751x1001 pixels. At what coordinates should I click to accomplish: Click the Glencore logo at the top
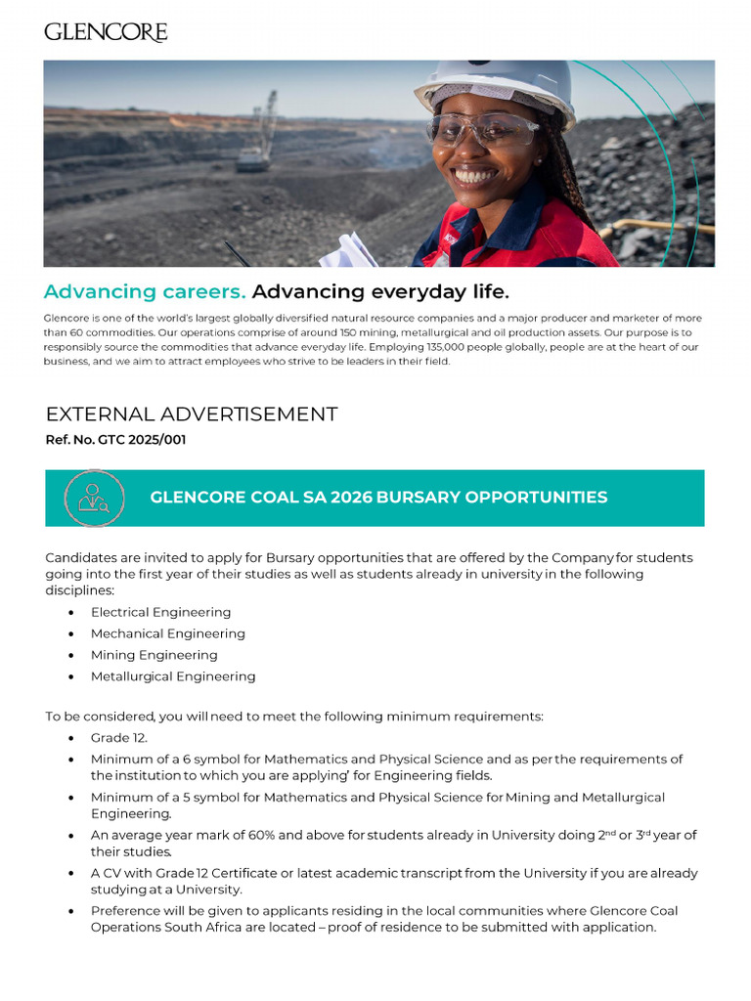coord(106,32)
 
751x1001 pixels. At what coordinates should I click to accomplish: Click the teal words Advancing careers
coord(145,291)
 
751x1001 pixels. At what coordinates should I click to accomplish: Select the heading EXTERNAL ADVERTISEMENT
coord(192,413)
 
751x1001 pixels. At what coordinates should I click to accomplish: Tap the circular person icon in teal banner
coord(94,498)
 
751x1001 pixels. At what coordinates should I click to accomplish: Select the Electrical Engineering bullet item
coord(160,612)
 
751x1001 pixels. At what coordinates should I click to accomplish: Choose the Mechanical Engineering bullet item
coord(167,633)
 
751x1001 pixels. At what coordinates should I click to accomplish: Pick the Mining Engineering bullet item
coord(154,655)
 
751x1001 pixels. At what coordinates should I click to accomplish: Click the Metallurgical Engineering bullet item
coord(173,676)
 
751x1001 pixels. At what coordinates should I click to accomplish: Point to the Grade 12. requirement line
coord(119,738)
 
